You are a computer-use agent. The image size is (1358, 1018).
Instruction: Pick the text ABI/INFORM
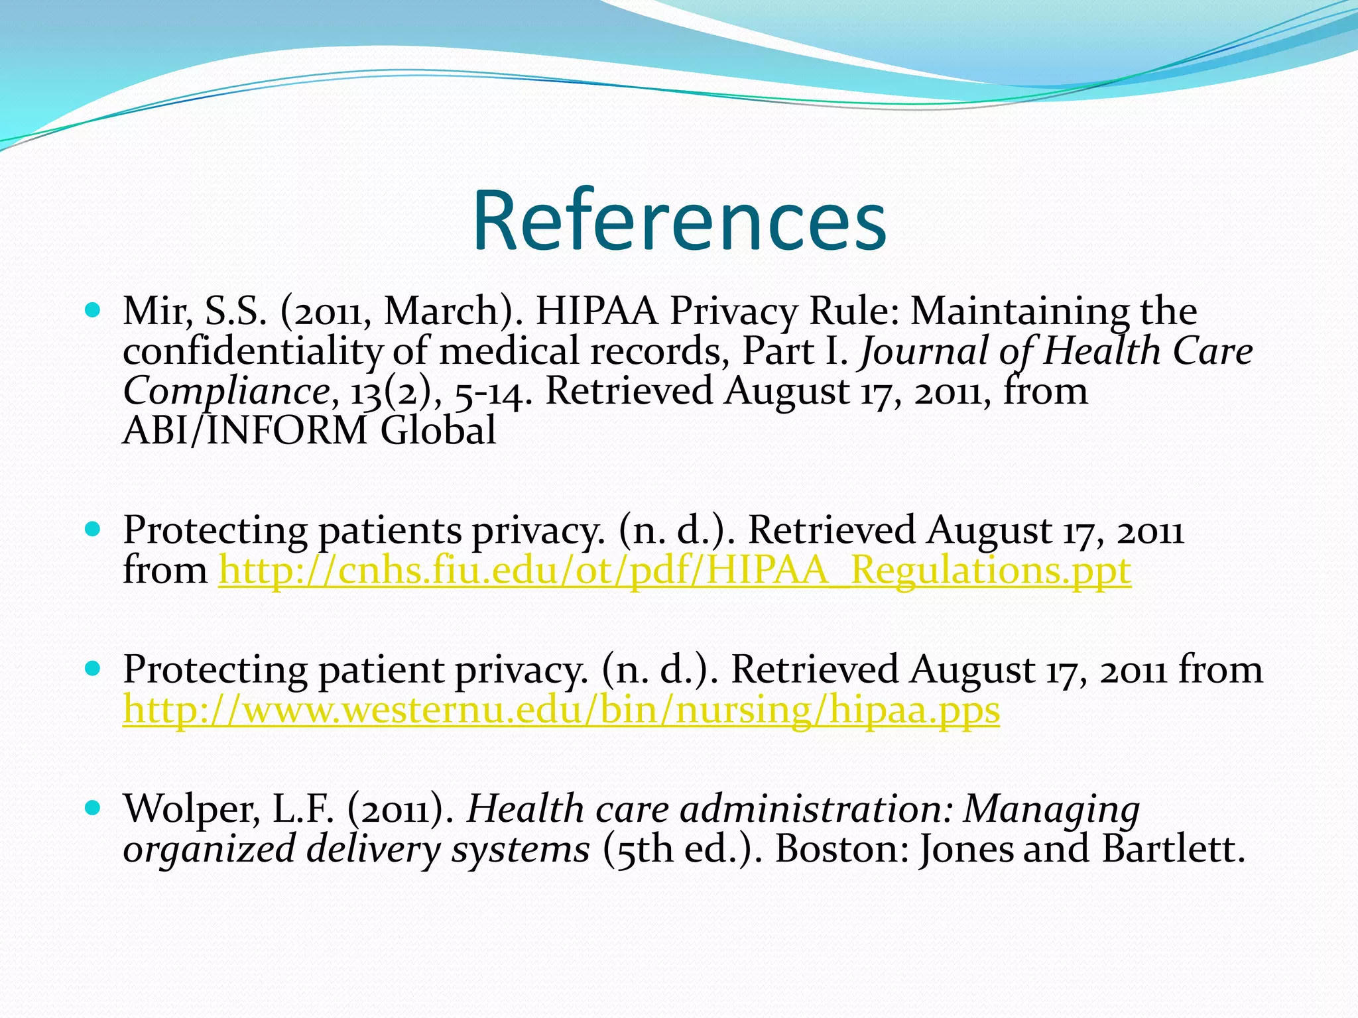coord(244,431)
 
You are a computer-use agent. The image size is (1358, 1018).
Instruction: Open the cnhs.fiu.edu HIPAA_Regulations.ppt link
coord(674,571)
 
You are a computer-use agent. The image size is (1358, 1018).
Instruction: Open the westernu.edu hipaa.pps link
coord(561,710)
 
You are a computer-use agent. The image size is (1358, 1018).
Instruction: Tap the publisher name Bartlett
coord(1172,850)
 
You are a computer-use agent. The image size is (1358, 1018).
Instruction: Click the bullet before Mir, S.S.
coord(93,310)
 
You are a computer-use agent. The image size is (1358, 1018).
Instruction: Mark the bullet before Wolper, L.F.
coord(93,808)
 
